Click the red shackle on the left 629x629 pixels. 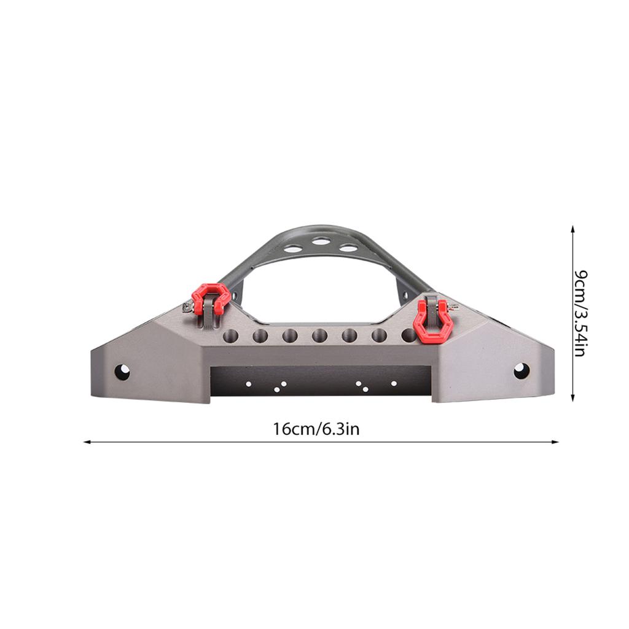point(211,297)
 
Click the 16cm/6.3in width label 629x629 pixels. point(316,429)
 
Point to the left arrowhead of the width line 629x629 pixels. point(87,442)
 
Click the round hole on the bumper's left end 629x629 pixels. point(122,372)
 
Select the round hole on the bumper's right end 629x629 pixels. point(522,370)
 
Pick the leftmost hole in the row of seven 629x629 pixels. point(230,336)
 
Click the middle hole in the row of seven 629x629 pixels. point(319,336)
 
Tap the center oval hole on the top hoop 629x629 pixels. point(320,241)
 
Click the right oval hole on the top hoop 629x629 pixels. point(348,248)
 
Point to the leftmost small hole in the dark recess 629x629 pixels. point(248,384)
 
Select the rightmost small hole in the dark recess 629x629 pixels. point(394,383)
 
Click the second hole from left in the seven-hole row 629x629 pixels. point(260,336)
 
